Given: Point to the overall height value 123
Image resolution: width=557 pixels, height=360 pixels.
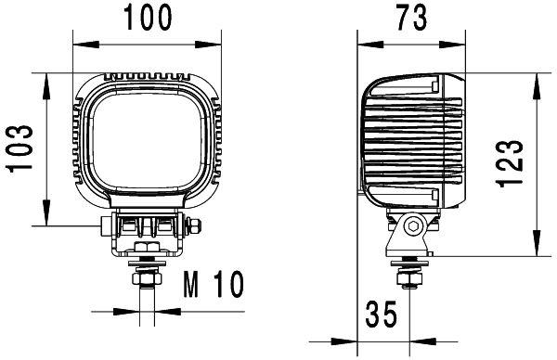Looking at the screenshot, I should (x=514, y=165).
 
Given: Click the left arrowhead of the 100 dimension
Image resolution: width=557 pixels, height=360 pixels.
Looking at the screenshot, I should (x=78, y=43).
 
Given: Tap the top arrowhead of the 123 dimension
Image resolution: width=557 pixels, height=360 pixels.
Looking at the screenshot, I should (x=536, y=80).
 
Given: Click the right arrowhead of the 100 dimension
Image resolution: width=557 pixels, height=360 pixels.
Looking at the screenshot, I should (x=219, y=43).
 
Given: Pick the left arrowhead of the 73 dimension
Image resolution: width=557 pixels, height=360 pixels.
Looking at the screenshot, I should (x=365, y=43).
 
